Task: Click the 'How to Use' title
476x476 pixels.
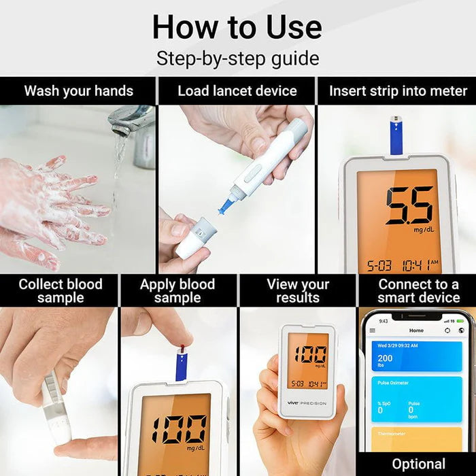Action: pos(237,27)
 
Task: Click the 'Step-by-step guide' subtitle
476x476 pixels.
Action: pos(237,58)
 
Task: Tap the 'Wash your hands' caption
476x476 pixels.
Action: pos(78,90)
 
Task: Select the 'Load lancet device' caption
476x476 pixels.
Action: pos(237,90)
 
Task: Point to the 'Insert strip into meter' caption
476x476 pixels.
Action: pos(398,90)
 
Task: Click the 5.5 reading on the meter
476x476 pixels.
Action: pos(408,205)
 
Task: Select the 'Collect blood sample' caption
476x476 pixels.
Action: pos(60,291)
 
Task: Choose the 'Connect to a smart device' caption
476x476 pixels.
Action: pos(418,291)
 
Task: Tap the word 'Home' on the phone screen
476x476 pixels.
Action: pos(416,330)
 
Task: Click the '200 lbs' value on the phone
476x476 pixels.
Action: pos(385,360)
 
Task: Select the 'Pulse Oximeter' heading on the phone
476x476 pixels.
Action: pos(394,383)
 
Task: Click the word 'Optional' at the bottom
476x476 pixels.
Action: pos(418,464)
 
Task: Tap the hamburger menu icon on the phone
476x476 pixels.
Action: pos(372,330)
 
